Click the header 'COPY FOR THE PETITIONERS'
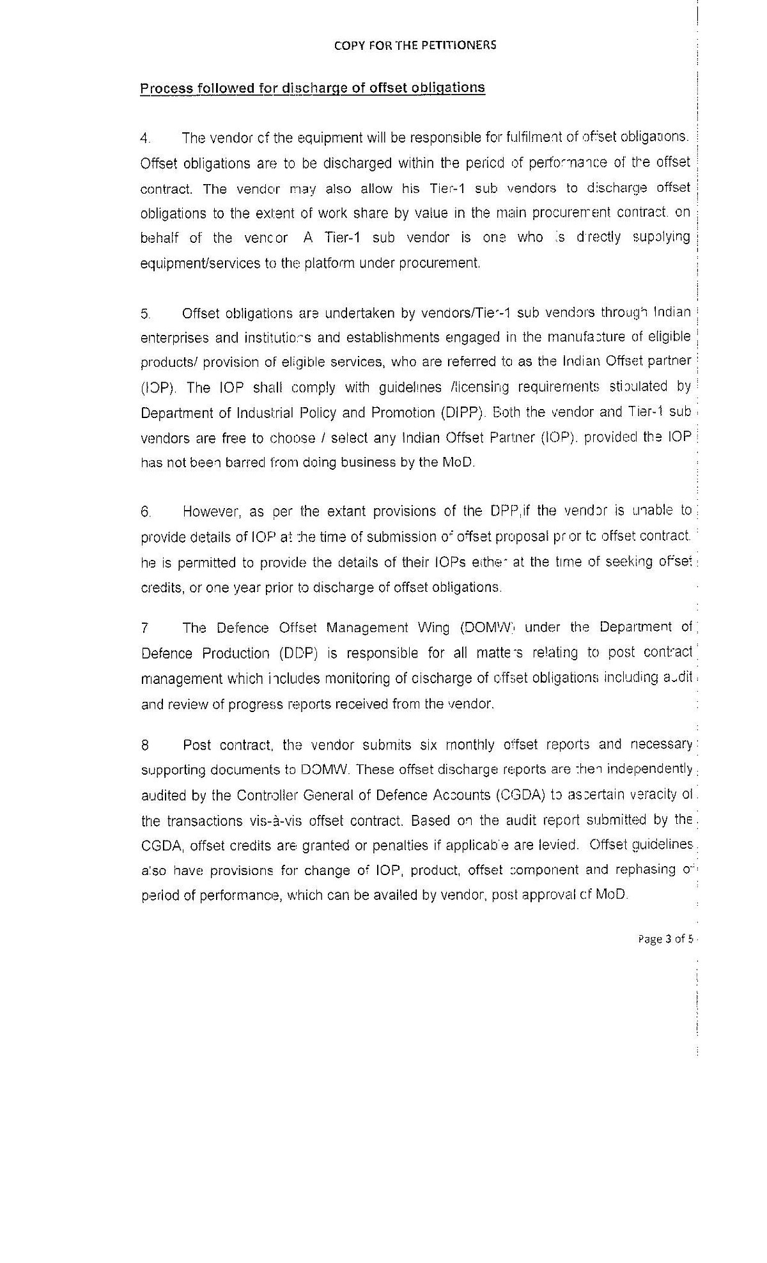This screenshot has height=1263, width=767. click(415, 45)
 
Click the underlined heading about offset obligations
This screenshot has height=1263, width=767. click(313, 88)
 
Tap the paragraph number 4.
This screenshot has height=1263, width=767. click(145, 138)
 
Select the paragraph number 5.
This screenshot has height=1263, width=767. click(145, 313)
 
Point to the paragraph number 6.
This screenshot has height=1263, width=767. click(146, 511)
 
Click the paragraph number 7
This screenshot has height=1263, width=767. click(145, 628)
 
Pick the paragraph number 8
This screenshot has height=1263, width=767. click(145, 745)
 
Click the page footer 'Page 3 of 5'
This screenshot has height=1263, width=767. click(665, 939)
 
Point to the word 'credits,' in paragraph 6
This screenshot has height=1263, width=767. click(161, 587)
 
